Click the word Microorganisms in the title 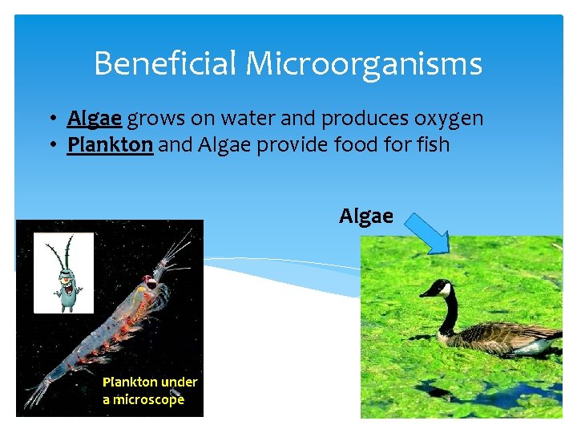click(x=366, y=63)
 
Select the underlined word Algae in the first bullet click(x=95, y=119)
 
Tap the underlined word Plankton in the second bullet click(x=110, y=145)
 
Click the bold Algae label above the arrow click(x=366, y=216)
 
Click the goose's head click(x=437, y=289)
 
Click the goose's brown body click(x=505, y=337)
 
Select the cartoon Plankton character click(x=64, y=273)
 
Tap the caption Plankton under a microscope click(x=149, y=391)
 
